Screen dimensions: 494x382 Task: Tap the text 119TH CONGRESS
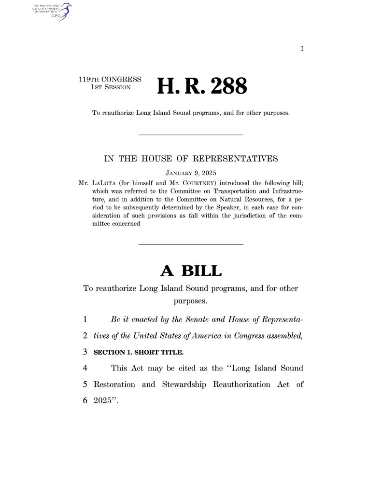(110, 79)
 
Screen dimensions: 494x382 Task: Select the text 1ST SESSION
(112, 87)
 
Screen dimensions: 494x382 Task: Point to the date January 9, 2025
(191, 172)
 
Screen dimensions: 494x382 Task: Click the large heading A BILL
(191, 271)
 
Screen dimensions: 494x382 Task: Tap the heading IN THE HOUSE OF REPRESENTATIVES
(191, 158)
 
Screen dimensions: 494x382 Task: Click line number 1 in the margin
(85, 319)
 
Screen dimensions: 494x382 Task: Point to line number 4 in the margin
(85, 369)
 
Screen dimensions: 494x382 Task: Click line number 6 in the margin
(85, 401)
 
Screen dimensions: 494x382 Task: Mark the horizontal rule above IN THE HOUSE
(191, 135)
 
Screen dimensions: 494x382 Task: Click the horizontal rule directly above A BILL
(191, 244)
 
